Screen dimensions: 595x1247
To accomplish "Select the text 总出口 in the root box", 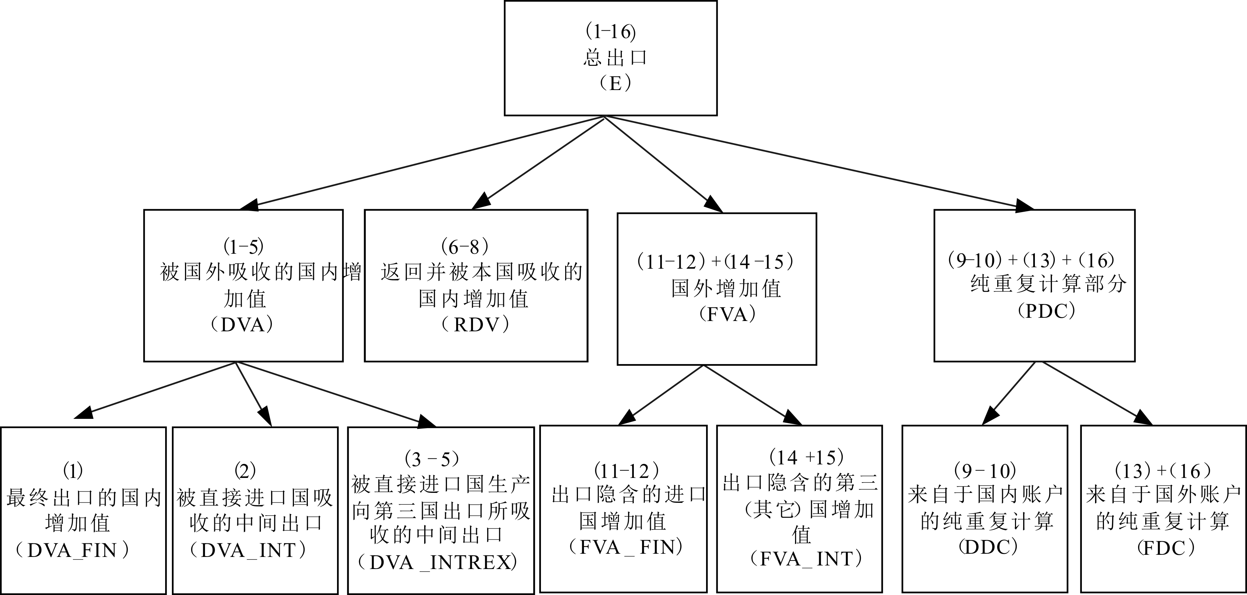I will [x=615, y=58].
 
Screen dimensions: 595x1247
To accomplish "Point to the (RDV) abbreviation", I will [x=476, y=325].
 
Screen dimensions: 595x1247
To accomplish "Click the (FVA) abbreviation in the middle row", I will [x=727, y=315].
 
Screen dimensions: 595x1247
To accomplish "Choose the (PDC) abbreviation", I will [x=1047, y=311].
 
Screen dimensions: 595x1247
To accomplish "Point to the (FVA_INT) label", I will [x=806, y=559].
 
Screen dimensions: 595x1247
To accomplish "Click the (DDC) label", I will [x=988, y=547].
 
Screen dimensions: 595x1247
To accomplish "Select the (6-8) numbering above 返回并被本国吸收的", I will [x=465, y=247].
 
